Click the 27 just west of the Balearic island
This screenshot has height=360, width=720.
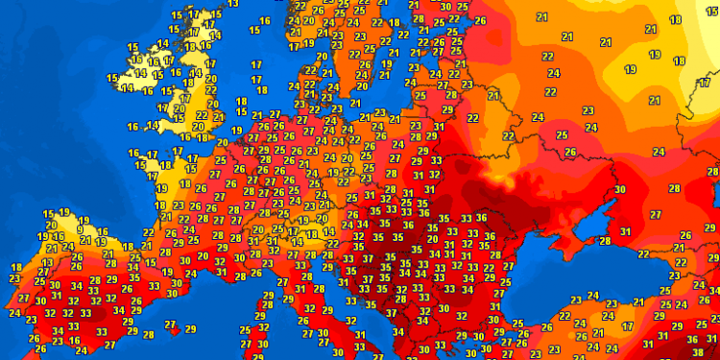[170, 325]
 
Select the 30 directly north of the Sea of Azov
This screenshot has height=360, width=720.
[619, 190]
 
